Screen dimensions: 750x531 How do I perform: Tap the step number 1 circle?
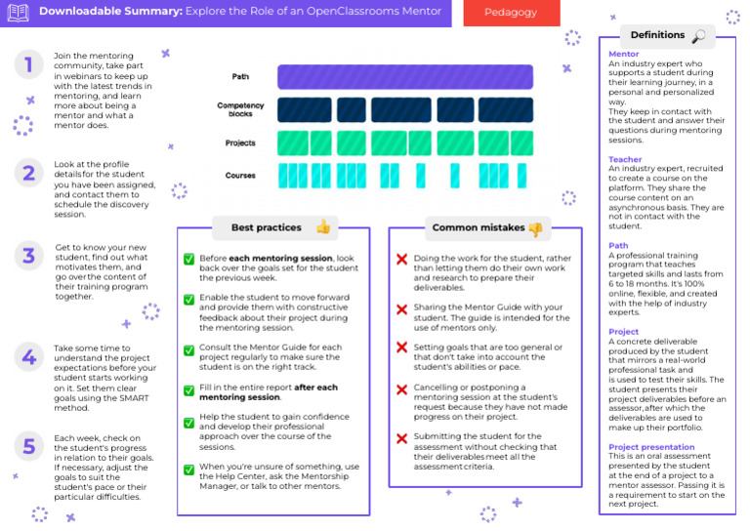tap(28, 65)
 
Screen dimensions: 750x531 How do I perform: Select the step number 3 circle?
tap(28, 256)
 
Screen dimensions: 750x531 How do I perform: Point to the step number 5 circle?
tap(28, 446)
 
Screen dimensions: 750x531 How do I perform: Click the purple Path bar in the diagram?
tap(405, 77)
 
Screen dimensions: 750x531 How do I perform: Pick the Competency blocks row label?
tap(240, 109)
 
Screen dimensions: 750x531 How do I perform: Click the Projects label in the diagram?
tap(240, 143)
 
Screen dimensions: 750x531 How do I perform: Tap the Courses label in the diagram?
tap(240, 176)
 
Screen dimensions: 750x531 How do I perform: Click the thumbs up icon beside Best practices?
tap(323, 227)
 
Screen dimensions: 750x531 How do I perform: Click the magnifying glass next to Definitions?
tap(698, 36)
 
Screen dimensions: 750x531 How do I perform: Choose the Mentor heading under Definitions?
tap(623, 55)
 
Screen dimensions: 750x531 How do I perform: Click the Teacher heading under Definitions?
tap(625, 158)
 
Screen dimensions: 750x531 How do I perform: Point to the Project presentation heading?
tap(650, 446)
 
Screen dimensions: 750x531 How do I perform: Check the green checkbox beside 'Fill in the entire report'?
tap(188, 389)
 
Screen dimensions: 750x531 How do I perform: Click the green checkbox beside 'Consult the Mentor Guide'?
tap(188, 349)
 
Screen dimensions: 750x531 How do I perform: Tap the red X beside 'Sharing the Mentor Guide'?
tap(400, 309)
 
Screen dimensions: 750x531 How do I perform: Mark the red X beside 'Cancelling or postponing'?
tap(400, 389)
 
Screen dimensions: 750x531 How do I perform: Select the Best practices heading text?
tap(266, 227)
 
